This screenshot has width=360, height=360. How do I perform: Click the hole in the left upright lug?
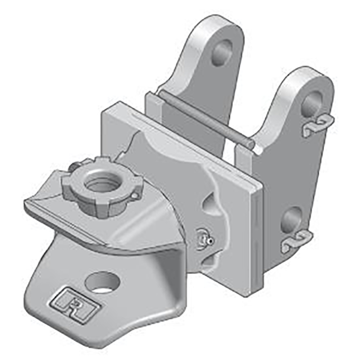222,52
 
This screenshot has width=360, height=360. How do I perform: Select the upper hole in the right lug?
312,103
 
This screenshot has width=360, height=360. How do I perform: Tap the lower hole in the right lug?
292,219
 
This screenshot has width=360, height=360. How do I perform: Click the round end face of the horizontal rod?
250,144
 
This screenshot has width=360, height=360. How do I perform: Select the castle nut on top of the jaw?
102,187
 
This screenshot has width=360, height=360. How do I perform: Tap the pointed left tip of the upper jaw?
26,205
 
